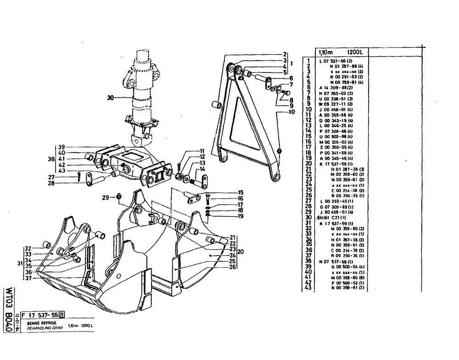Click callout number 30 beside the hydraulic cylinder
pos(109,97)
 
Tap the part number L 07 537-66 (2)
pos(331,61)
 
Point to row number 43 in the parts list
pos(308,287)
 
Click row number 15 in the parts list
pos(308,136)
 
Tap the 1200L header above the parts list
pos(354,52)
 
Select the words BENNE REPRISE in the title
pos(40,323)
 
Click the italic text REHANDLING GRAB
pos(44,327)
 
